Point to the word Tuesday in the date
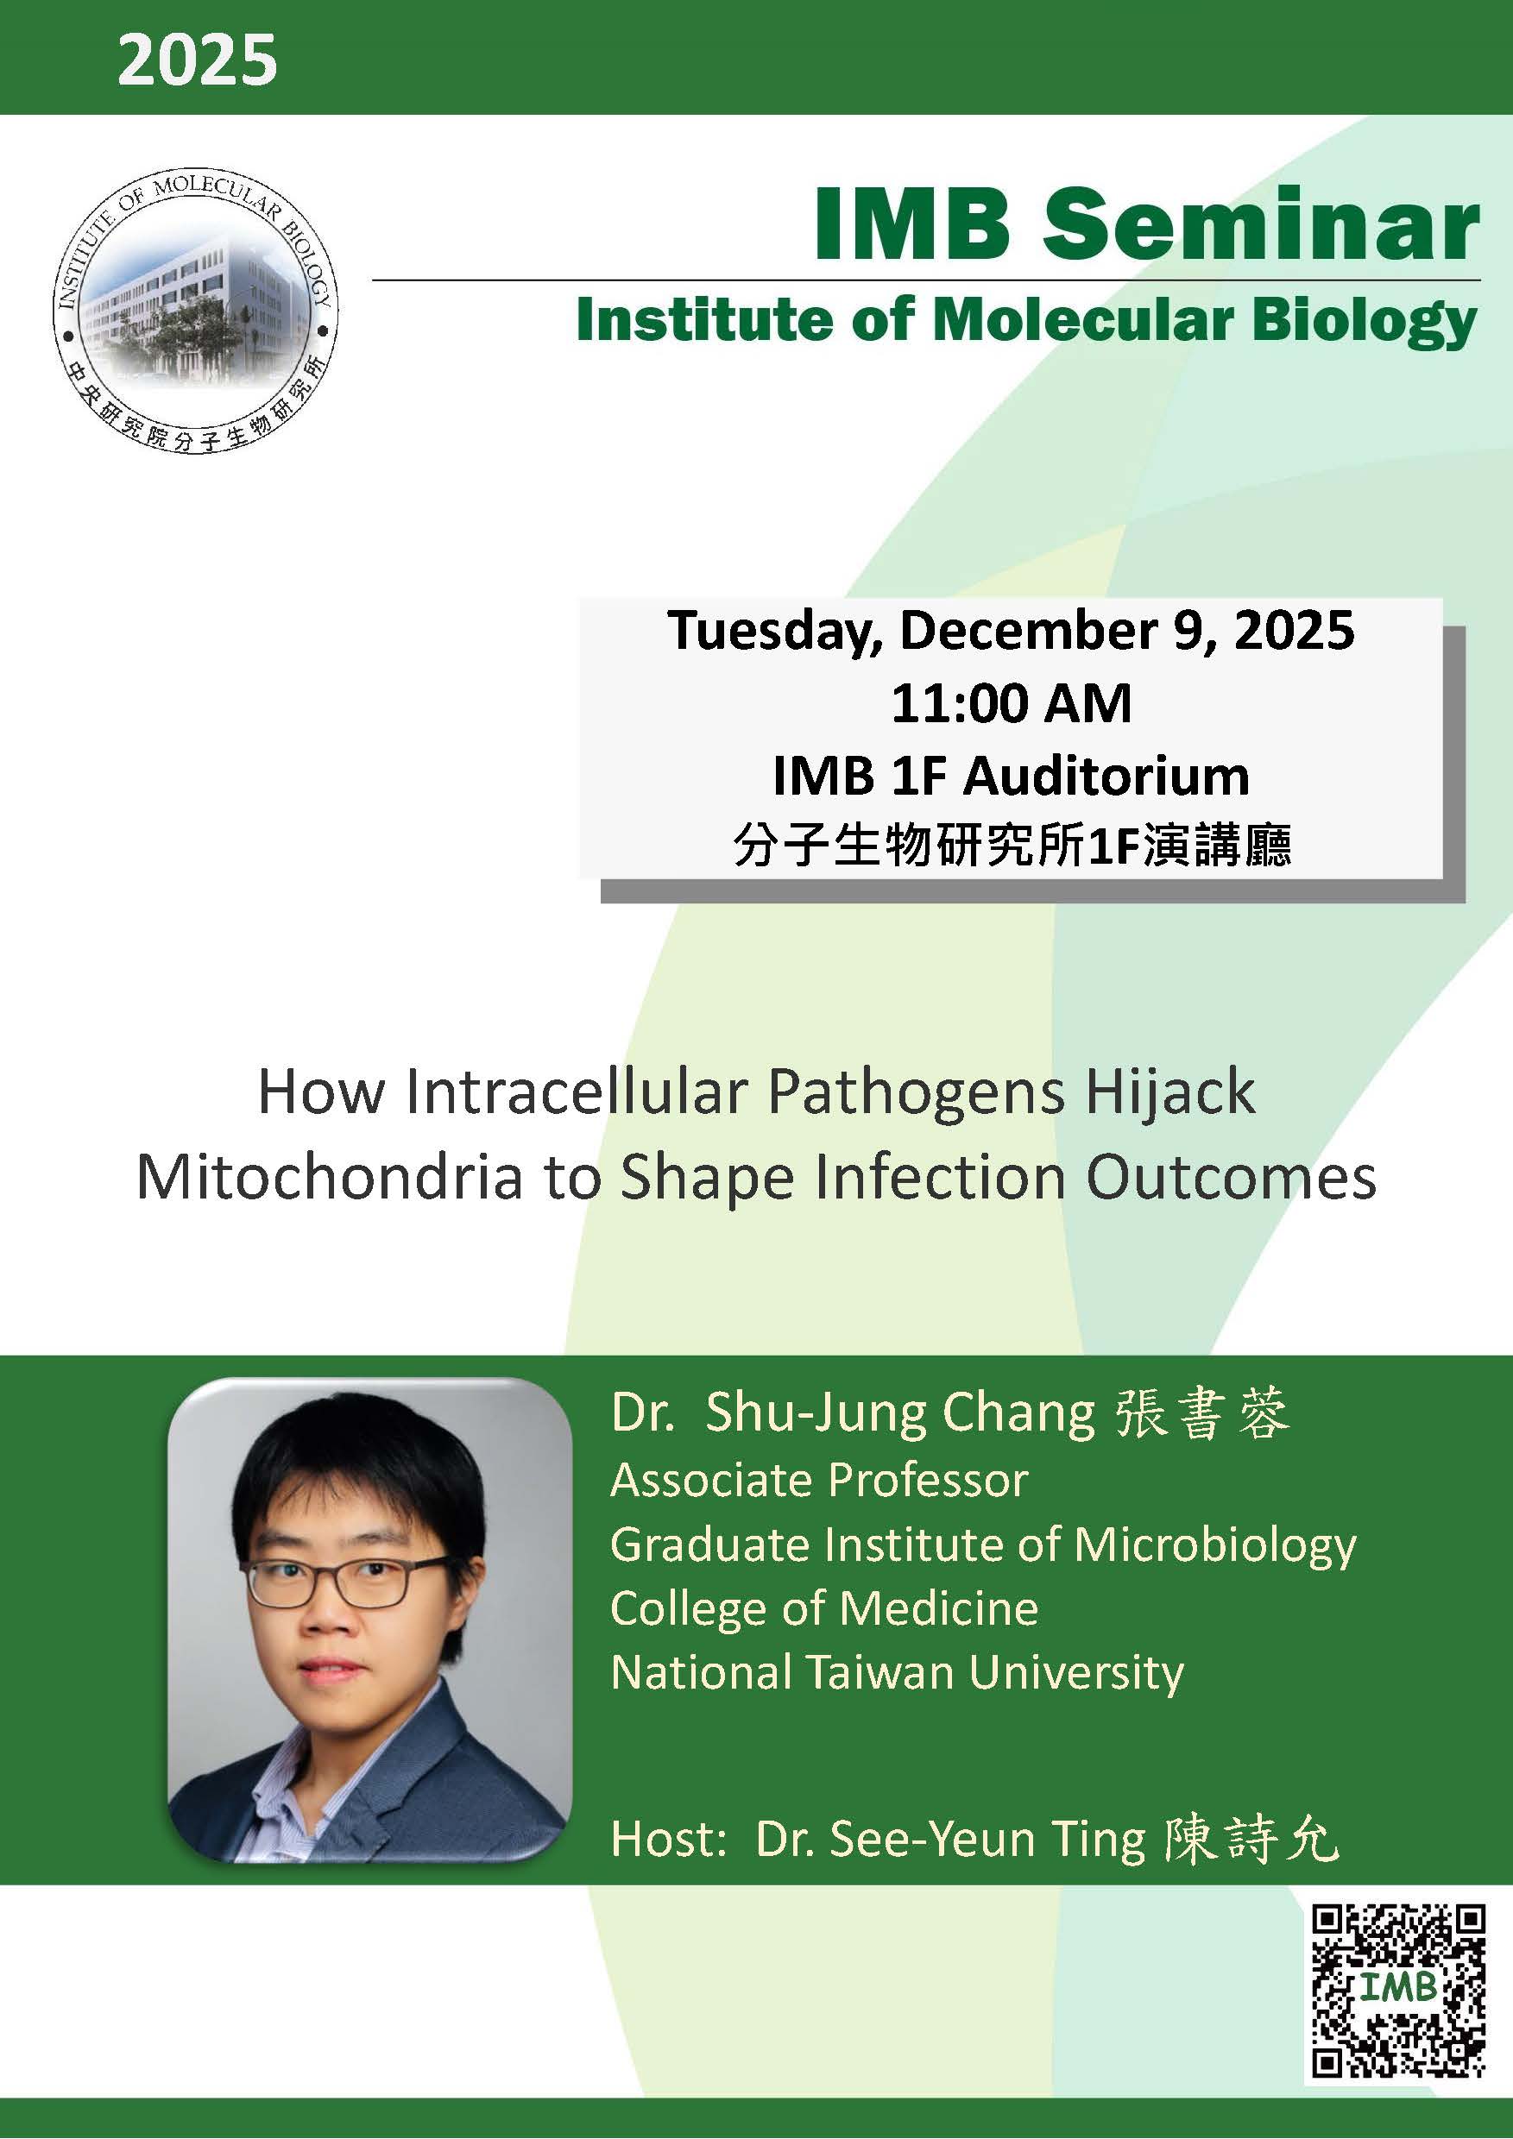tap(774, 631)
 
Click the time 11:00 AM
tap(1011, 703)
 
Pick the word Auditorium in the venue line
tap(1106, 776)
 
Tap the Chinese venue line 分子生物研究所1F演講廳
tap(1012, 846)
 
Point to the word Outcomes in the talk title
tap(1232, 1178)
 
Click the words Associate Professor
tap(819, 1481)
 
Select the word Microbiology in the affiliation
tap(1215, 1544)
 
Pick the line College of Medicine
tap(823, 1609)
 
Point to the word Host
tap(667, 1840)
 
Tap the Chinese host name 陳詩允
tap(1251, 1840)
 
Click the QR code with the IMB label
tap(1397, 1991)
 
